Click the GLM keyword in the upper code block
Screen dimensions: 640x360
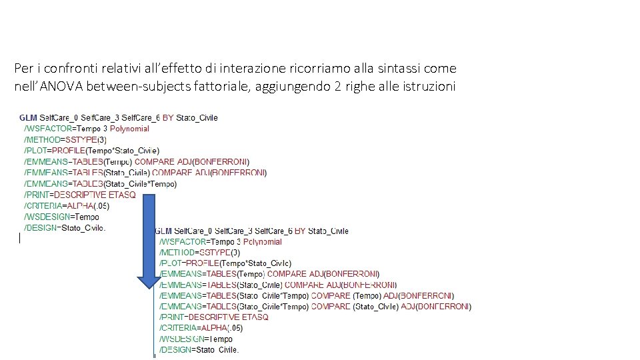point(29,118)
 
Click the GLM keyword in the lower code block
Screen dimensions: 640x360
point(164,231)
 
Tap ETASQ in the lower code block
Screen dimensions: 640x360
point(255,317)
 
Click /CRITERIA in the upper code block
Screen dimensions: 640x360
point(45,206)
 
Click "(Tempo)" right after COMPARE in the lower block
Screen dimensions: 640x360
point(366,296)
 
